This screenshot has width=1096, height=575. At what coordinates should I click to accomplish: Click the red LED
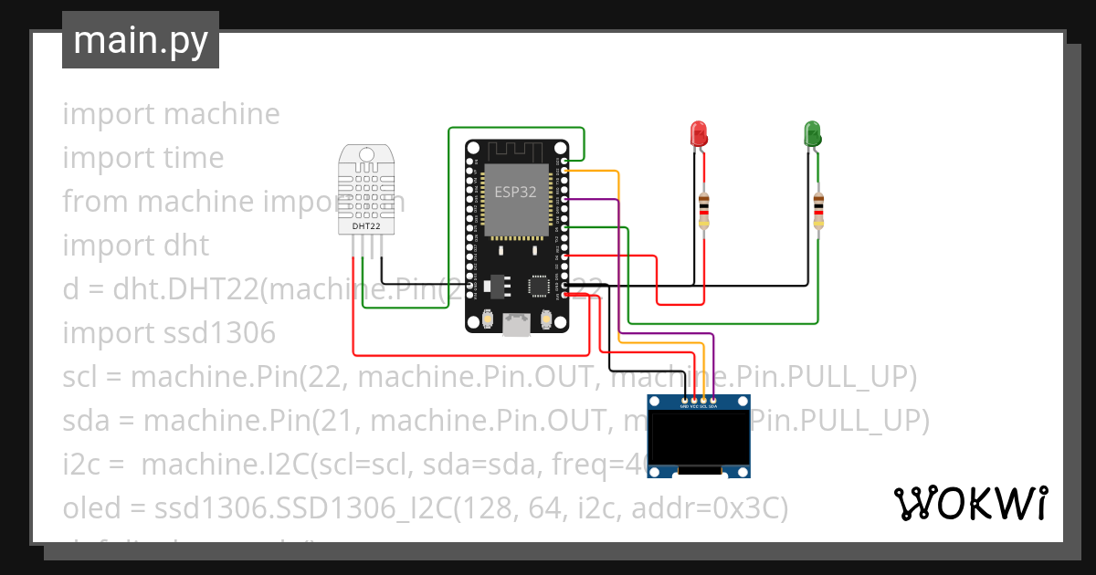698,135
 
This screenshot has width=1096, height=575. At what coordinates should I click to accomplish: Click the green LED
810,135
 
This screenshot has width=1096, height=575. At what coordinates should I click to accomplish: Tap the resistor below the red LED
703,211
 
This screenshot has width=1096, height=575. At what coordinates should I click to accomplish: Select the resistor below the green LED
818,211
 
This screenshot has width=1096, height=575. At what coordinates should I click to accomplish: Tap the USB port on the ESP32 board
516,323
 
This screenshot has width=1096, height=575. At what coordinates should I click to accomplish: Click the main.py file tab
141,40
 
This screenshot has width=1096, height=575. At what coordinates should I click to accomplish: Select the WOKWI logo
971,502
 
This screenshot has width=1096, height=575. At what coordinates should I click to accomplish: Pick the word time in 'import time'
193,158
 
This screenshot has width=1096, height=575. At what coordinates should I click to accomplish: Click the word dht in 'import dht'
186,246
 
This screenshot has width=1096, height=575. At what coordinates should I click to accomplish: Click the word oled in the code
90,508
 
